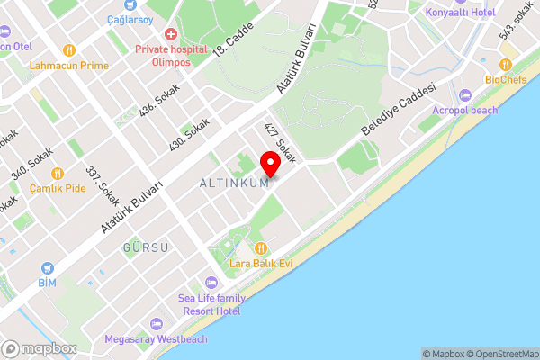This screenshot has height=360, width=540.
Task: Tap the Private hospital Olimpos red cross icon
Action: click(x=169, y=33)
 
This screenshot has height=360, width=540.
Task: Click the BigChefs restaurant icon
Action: click(x=506, y=65)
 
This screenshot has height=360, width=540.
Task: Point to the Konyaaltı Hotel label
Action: click(x=464, y=13)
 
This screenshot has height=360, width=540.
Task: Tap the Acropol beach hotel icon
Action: click(x=465, y=95)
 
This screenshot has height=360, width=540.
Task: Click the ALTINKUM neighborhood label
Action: click(x=232, y=184)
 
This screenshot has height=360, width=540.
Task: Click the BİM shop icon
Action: click(x=47, y=268)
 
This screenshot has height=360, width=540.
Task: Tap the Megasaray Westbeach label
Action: click(x=155, y=339)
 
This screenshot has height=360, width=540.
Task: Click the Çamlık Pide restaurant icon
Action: click(x=58, y=173)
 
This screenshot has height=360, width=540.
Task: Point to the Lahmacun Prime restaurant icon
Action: click(x=69, y=50)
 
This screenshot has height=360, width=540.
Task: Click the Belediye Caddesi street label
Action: click(x=398, y=111)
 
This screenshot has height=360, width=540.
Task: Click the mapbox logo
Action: click(x=39, y=348)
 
